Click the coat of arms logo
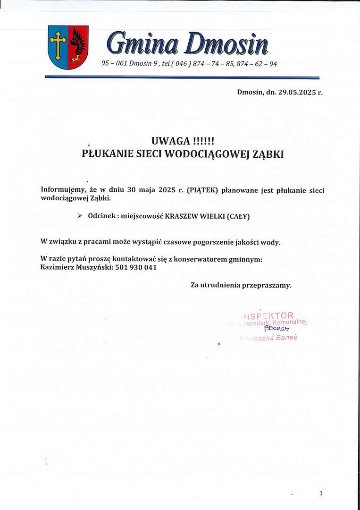pyautogui.click(x=68, y=47)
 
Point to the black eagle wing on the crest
pyautogui.click(x=77, y=45)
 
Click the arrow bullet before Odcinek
pyautogui.click(x=80, y=215)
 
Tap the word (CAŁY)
pyautogui.click(x=238, y=216)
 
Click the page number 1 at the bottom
pyautogui.click(x=321, y=493)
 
